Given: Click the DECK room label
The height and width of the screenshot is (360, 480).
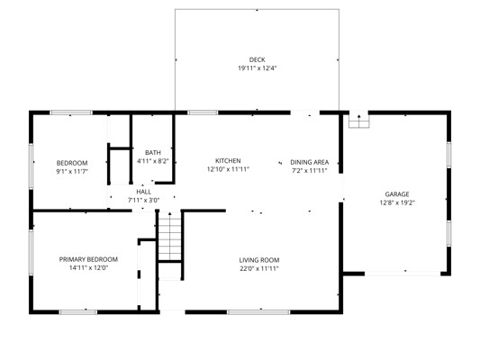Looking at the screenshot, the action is pos(257,59).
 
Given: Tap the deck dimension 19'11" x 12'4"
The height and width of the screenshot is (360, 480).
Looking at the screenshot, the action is pos(258,68).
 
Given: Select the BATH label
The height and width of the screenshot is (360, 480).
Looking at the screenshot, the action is pos(153,153).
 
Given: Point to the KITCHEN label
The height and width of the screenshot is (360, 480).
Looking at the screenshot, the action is pos(228,160).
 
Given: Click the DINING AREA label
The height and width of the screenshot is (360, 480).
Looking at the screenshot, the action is pos(310,162).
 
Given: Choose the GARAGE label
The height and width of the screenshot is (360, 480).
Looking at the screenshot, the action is pos(397,194).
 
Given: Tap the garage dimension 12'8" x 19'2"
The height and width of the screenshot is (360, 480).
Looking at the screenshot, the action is pos(397,202).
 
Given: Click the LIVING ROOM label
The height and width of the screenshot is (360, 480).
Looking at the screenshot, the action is pos(259,260).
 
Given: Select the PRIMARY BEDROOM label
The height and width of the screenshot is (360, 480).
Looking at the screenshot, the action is pos(88,259).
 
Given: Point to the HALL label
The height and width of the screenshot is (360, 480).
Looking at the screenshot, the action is pos(143,192).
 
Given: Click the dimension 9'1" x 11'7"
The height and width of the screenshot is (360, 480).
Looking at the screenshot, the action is pos(72,171).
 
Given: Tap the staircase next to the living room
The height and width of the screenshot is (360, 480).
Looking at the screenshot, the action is pos(170,237).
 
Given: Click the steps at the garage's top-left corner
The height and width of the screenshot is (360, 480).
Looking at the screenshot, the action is pos(359,121).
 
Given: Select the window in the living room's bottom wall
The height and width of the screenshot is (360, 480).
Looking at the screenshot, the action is pos(258,312).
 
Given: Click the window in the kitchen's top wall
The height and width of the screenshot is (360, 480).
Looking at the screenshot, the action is pos(203,112).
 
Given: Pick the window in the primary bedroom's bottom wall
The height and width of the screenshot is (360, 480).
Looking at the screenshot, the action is pos(78,312).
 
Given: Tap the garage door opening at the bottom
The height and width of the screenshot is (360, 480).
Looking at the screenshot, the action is pos(403,273).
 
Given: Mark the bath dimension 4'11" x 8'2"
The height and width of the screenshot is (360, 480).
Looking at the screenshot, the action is pos(153,161).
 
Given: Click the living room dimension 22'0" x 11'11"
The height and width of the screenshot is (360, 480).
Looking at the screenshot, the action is pos(259,269).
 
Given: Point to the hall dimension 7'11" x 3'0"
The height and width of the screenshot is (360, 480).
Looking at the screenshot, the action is pos(143,201).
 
